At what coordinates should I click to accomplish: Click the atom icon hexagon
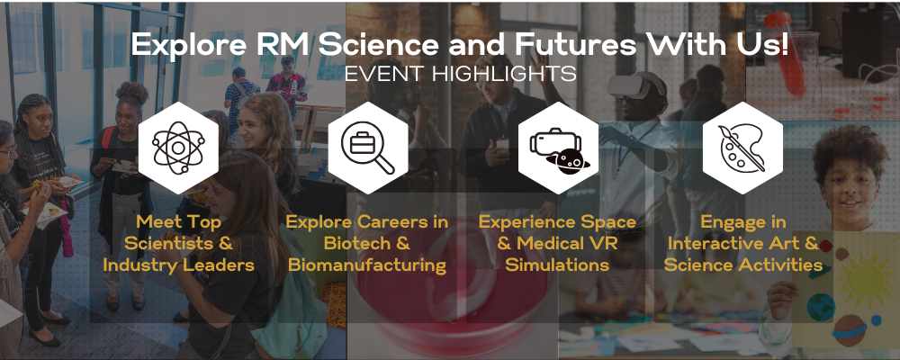[x=178, y=148]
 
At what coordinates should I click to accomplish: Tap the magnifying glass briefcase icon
[x=368, y=148]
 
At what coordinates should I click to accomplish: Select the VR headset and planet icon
[x=558, y=148]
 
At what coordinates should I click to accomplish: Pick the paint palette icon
[x=742, y=148]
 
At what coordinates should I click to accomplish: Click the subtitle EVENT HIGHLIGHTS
[x=460, y=74]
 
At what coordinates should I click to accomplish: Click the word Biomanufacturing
[x=367, y=265]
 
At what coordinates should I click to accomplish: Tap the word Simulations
[x=557, y=265]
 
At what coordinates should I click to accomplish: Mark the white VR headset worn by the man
[x=636, y=86]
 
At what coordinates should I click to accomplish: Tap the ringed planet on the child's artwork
[x=850, y=329]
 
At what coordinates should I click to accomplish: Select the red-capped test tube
[x=785, y=51]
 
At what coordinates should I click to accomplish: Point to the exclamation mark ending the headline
[x=784, y=45]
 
